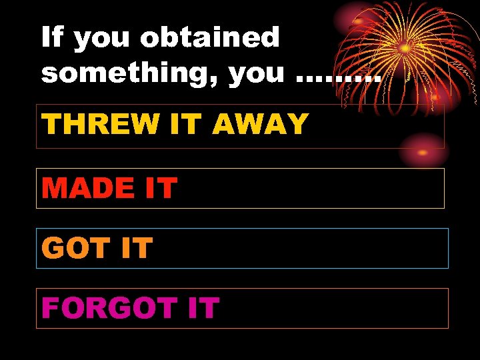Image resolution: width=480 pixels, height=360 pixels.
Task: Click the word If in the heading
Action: pyautogui.click(x=52, y=37)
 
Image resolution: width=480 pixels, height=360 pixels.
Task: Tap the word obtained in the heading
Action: pyautogui.click(x=210, y=37)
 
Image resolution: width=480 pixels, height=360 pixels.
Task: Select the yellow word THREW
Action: pyautogui.click(x=89, y=124)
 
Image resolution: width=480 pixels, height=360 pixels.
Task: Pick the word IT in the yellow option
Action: pyautogui.click(x=188, y=124)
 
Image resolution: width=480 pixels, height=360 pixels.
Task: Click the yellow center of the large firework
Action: pyautogui.click(x=404, y=48)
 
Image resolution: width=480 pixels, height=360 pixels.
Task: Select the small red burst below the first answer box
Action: pyautogui.click(x=423, y=151)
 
